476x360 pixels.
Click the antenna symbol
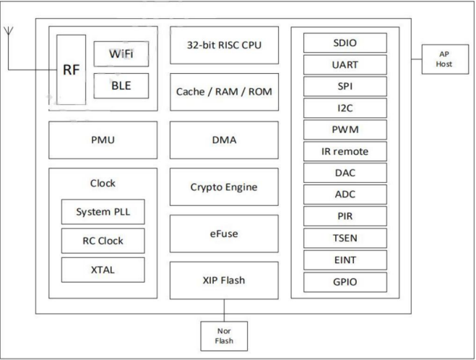pos(8,30)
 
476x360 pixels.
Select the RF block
pos(72,69)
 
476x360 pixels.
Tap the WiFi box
pos(121,53)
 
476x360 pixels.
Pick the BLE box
pos(121,86)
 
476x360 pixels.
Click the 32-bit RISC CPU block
pos(224,45)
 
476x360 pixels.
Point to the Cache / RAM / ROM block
pos(224,92)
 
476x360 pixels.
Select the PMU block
pos(103,140)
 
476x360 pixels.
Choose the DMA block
pos(224,140)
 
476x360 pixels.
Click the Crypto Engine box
pos(224,187)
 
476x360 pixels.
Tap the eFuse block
pos(224,233)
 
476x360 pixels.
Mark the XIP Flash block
pos(224,280)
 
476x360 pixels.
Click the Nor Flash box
pos(224,336)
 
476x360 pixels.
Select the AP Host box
pos(445,59)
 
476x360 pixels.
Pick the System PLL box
pos(103,212)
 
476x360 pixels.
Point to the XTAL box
pos(103,270)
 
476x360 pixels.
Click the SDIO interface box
pos(345,43)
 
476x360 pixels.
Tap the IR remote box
pos(345,151)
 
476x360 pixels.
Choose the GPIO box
pos(345,282)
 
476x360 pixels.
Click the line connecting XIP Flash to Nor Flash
pos(224,310)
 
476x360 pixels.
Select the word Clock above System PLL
pos(103,183)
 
